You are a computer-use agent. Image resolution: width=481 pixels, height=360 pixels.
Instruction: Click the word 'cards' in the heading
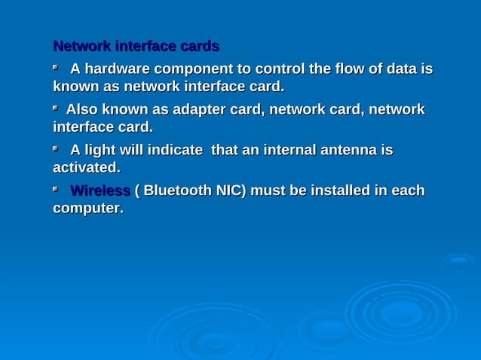[x=199, y=47]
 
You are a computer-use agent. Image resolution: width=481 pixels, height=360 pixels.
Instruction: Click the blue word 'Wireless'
[x=100, y=191]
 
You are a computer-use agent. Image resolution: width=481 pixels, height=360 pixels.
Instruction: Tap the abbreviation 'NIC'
[x=230, y=191]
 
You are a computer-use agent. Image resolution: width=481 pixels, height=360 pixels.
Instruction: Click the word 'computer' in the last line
[x=87, y=207]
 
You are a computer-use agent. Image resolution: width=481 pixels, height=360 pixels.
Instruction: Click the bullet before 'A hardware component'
[x=55, y=68]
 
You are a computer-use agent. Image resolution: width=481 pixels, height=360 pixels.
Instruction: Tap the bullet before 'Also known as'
[x=55, y=108]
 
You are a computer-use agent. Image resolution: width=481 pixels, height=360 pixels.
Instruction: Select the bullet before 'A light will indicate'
[x=55, y=149]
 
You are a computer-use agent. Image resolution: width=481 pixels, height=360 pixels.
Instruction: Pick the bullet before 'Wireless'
[x=55, y=190]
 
